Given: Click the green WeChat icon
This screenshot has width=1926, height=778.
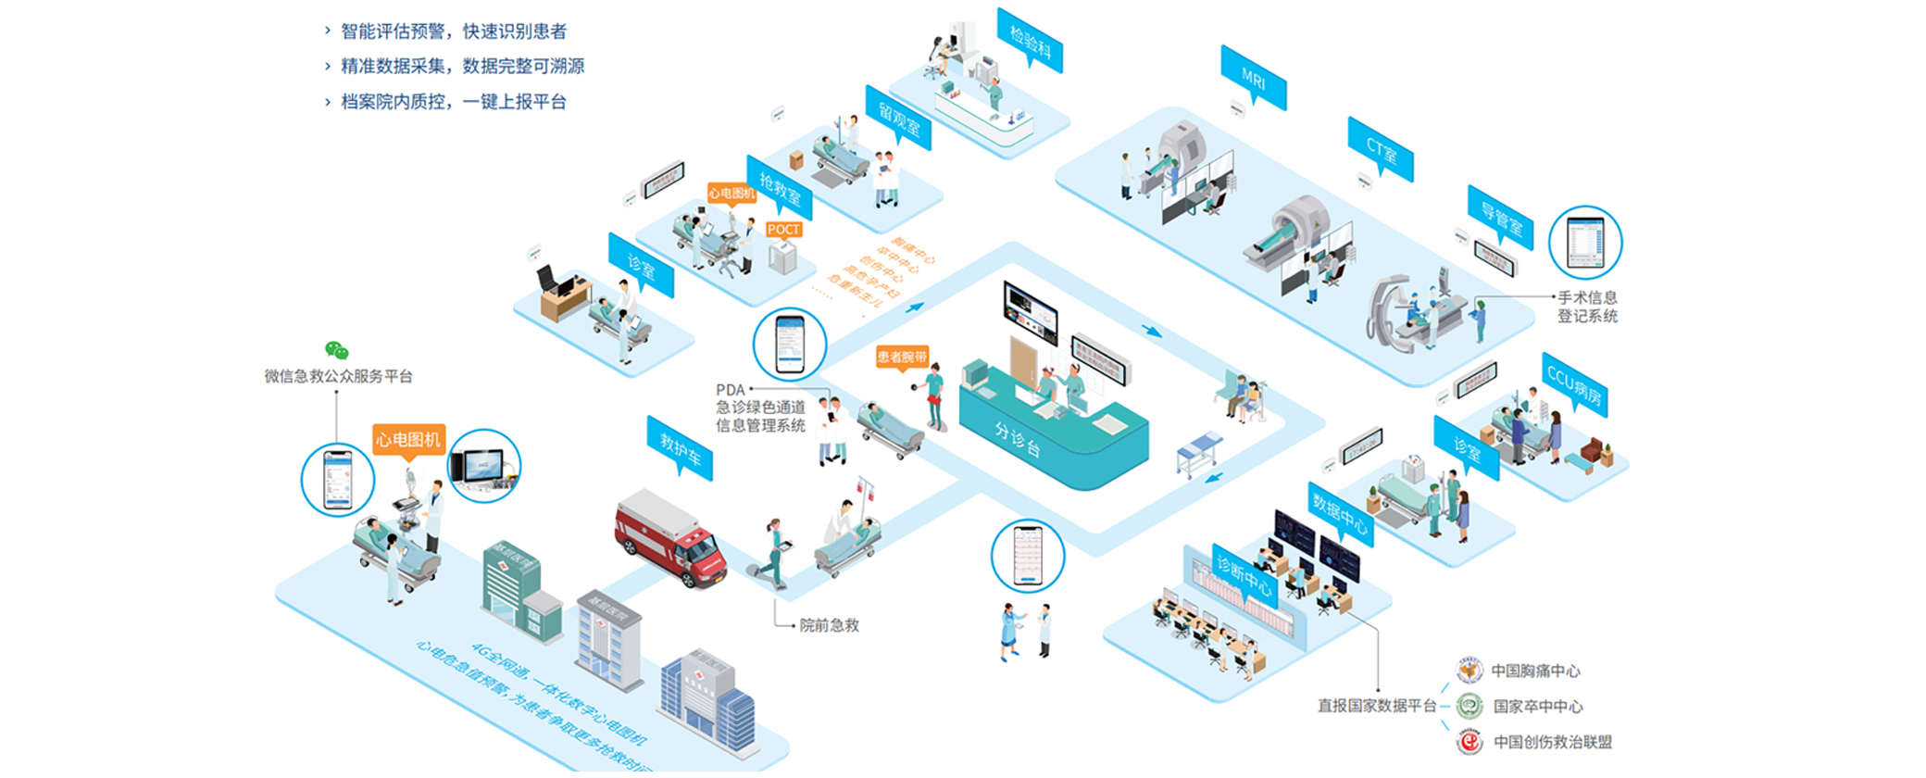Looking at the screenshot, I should tap(336, 350).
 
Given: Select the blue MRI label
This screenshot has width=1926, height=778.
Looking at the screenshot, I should tap(1253, 79).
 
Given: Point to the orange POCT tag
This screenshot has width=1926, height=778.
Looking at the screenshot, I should tap(783, 230).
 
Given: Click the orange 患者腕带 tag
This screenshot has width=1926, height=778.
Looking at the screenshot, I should tap(901, 357).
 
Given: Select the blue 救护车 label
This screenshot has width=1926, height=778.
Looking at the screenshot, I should tap(680, 449).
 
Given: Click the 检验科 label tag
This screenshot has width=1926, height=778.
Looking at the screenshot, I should tap(1030, 41).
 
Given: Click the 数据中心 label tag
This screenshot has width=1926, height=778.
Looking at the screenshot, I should tap(1340, 512).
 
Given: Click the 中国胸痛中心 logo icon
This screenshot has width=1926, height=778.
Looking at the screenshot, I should tap(1469, 670).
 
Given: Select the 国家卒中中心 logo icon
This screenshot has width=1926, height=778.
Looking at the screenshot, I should tap(1469, 706).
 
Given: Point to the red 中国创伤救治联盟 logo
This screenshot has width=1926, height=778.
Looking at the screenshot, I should tap(1469, 742).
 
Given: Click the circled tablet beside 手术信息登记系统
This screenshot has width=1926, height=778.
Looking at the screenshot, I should tap(1585, 243).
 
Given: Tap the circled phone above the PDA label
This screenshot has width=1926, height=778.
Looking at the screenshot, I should tap(790, 345).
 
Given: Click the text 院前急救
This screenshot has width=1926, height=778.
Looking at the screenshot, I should tap(829, 625).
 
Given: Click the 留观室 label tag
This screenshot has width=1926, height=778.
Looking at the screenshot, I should tap(898, 118).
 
